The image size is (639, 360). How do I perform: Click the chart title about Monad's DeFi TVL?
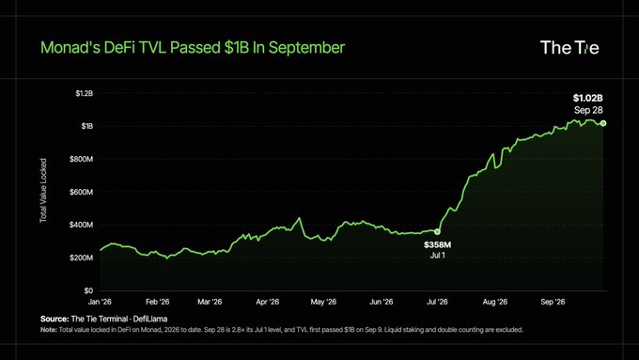coord(193,48)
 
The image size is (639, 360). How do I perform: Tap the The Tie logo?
coord(569,48)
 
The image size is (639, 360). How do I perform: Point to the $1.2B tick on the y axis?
coord(85,93)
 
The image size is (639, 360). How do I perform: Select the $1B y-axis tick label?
coord(87,126)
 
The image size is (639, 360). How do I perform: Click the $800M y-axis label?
coord(82,159)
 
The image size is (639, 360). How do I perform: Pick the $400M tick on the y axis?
coord(82,225)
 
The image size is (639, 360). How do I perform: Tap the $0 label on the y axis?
coord(88,290)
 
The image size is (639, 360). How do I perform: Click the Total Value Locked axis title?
coord(43,191)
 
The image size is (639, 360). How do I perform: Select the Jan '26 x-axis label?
coord(100,302)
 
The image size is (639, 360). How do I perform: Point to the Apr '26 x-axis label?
coord(267,302)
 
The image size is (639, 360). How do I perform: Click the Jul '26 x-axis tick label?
coord(437,302)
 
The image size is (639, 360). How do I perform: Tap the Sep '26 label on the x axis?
coord(553,302)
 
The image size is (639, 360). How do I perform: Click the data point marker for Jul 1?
coord(437,231)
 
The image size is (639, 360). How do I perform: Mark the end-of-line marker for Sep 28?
coord(603,123)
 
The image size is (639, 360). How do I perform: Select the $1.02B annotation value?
coord(587,98)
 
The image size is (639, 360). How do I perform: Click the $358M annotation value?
coord(437,244)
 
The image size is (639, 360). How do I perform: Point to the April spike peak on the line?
coord(300,218)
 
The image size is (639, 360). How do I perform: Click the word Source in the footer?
coord(55,319)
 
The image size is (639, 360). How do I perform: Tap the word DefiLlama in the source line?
coord(150,319)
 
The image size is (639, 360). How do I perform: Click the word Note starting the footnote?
coord(49,329)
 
